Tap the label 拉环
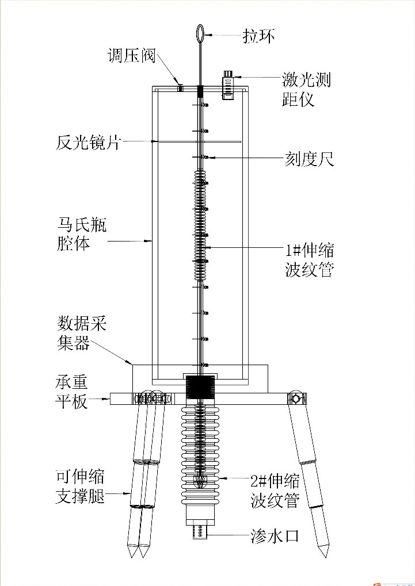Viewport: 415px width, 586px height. pyautogui.click(x=259, y=36)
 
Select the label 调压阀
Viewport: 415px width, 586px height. pyautogui.click(x=131, y=56)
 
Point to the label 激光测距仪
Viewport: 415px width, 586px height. pyautogui.click(x=306, y=90)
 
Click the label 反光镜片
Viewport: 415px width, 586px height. pyautogui.click(x=88, y=143)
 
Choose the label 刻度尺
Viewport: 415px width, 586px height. pyautogui.click(x=309, y=159)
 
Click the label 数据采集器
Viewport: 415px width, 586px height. pyautogui.click(x=82, y=333)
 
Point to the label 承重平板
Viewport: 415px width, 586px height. pyautogui.click(x=72, y=392)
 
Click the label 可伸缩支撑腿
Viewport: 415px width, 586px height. pyautogui.click(x=80, y=487)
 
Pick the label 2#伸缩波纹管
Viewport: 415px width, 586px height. pyautogui.click(x=275, y=491)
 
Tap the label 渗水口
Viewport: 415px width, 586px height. pyautogui.click(x=275, y=537)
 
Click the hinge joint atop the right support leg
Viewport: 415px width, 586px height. pyautogui.click(x=297, y=399)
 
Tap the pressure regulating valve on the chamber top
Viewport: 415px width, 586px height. pyautogui.click(x=180, y=88)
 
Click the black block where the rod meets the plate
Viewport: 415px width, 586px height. pyautogui.click(x=200, y=387)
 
